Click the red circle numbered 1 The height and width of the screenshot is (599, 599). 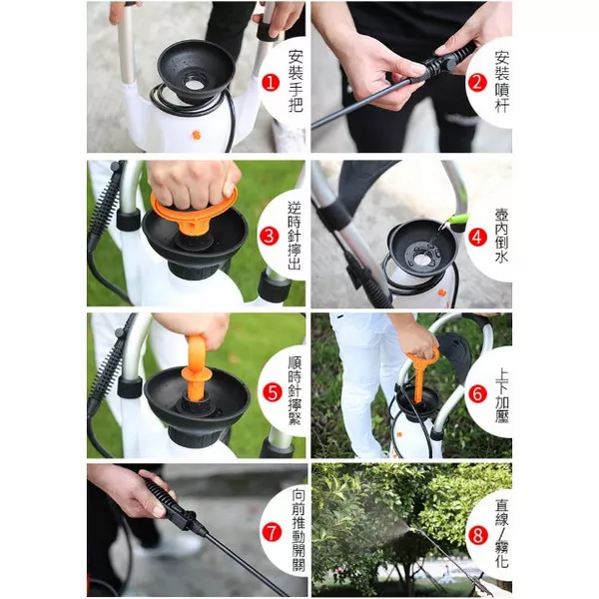pos(271,83)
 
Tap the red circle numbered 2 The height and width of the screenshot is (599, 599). pos(477,83)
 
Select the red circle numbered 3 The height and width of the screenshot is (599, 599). pos(269,236)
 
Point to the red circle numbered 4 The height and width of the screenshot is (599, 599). pos(477,237)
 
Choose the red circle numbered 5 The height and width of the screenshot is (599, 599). pos(272,392)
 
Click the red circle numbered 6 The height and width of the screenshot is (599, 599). pos(477,394)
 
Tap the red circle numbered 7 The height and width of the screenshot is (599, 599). pos(272,533)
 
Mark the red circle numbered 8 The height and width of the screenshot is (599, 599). pos(478,535)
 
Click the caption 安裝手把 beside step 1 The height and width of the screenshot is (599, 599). pos(296,82)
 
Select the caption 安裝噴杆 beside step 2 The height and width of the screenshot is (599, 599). pos(502,82)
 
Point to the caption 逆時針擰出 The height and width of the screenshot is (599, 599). pos(295,236)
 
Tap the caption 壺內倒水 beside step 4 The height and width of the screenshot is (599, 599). pos(501,236)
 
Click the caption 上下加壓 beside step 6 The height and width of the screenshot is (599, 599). pos(501,394)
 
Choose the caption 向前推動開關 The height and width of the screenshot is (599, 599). pos(299,530)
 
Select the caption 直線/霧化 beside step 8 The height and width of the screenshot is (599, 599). pos(501,533)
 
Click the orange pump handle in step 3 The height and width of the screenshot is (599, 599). pos(195,210)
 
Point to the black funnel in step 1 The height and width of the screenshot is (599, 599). pos(196,71)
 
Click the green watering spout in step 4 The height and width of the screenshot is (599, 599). pos(457,220)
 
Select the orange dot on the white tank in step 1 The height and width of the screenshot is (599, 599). pos(196,135)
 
